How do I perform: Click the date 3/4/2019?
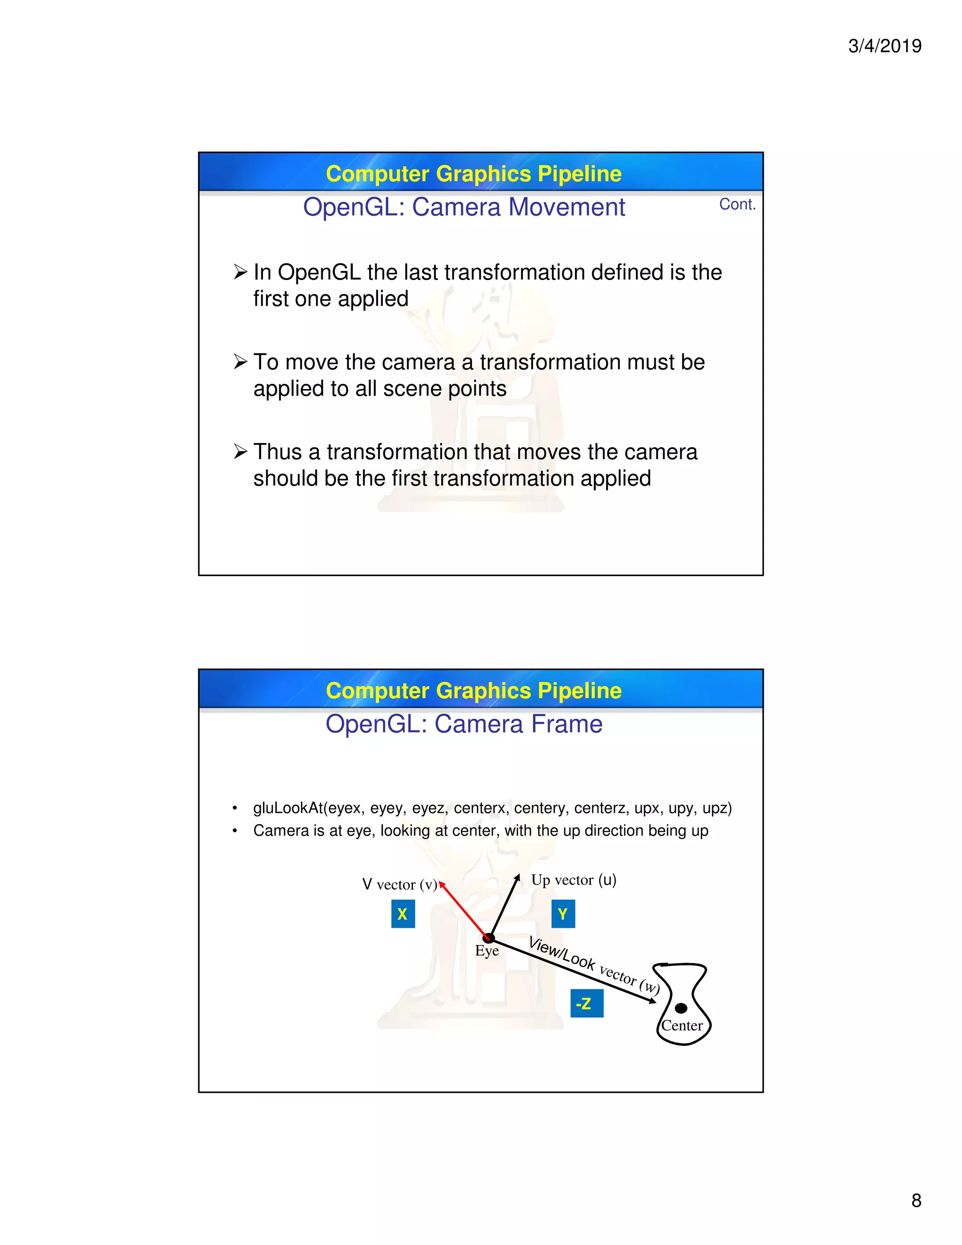(884, 46)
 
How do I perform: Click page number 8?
(916, 1200)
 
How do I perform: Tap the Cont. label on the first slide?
(737, 204)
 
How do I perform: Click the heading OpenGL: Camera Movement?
(464, 207)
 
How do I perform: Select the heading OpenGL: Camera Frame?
(464, 724)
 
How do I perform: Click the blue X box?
(403, 914)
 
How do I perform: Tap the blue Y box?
(563, 914)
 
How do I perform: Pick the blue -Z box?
(586, 1004)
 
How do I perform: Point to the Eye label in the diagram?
(487, 951)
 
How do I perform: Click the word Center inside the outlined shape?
(682, 1026)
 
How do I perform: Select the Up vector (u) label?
(574, 879)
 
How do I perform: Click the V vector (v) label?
(400, 884)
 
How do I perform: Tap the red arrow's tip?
(441, 883)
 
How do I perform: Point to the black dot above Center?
(681, 1008)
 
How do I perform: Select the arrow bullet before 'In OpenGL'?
(240, 272)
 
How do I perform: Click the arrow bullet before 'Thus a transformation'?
(240, 451)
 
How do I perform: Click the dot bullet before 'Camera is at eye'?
(234, 831)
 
